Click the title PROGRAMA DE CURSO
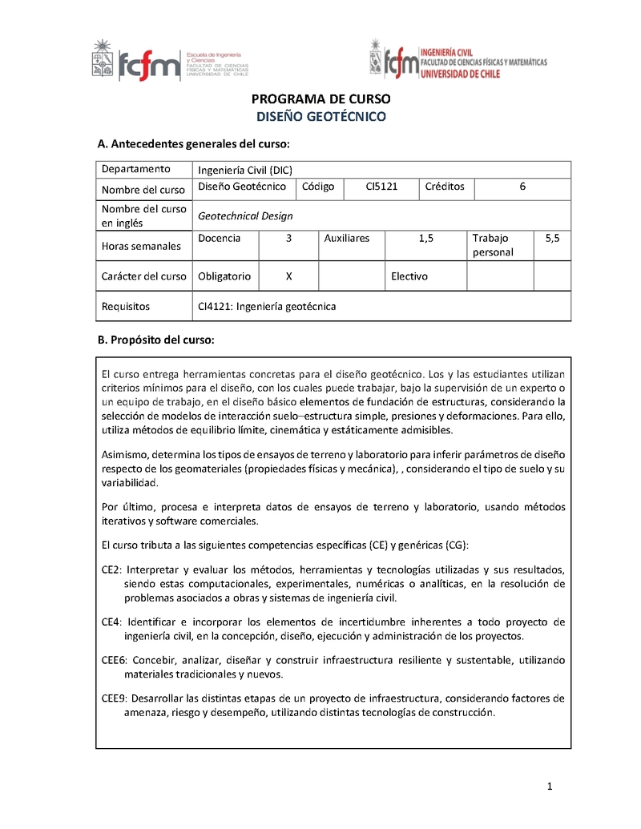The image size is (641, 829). [x=320, y=99]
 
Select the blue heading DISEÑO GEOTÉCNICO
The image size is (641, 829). [x=320, y=117]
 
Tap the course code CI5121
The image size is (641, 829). [x=381, y=187]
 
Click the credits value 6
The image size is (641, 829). [x=522, y=187]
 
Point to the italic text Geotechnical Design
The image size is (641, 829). [x=245, y=215]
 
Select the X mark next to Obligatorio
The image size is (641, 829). [x=288, y=276]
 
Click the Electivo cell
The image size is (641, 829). [x=409, y=276]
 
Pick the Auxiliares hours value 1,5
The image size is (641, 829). [x=425, y=239]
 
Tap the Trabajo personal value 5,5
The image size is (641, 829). [x=552, y=239]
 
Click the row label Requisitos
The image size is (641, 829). [x=125, y=306]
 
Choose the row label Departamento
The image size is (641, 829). [x=136, y=169]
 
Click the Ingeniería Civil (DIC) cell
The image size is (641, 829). [x=245, y=169]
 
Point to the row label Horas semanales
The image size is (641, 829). [x=141, y=247]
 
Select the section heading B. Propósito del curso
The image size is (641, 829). [x=156, y=340]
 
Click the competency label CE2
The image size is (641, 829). [x=111, y=570]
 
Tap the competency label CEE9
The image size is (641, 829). [x=115, y=698]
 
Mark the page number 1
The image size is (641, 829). [x=550, y=787]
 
